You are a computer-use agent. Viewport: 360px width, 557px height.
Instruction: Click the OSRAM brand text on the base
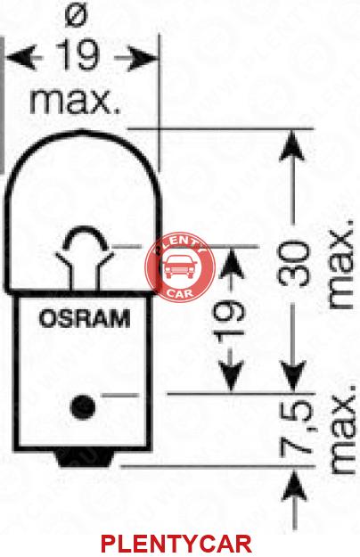(85, 318)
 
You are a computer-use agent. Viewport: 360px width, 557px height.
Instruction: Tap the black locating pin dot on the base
(83, 406)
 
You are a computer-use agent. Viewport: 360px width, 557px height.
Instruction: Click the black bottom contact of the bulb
(85, 459)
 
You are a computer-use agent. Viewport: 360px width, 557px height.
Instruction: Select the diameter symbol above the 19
(78, 15)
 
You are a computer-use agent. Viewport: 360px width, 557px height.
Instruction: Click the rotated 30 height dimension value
(294, 264)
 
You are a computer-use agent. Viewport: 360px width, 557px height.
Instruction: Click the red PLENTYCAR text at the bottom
(176, 543)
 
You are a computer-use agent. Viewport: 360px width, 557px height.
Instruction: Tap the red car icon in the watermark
(180, 266)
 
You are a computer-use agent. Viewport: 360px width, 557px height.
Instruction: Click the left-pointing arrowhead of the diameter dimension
(21, 57)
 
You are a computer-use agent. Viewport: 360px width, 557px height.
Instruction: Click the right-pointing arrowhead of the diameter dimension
(142, 58)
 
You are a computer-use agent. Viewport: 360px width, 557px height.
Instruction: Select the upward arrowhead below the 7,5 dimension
(294, 485)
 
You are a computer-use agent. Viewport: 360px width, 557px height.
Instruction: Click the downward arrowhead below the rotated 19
(231, 377)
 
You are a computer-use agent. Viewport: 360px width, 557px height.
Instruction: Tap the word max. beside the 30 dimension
(341, 264)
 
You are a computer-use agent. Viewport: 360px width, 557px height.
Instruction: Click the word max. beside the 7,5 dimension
(342, 429)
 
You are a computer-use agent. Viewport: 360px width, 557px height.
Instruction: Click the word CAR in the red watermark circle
(181, 292)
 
